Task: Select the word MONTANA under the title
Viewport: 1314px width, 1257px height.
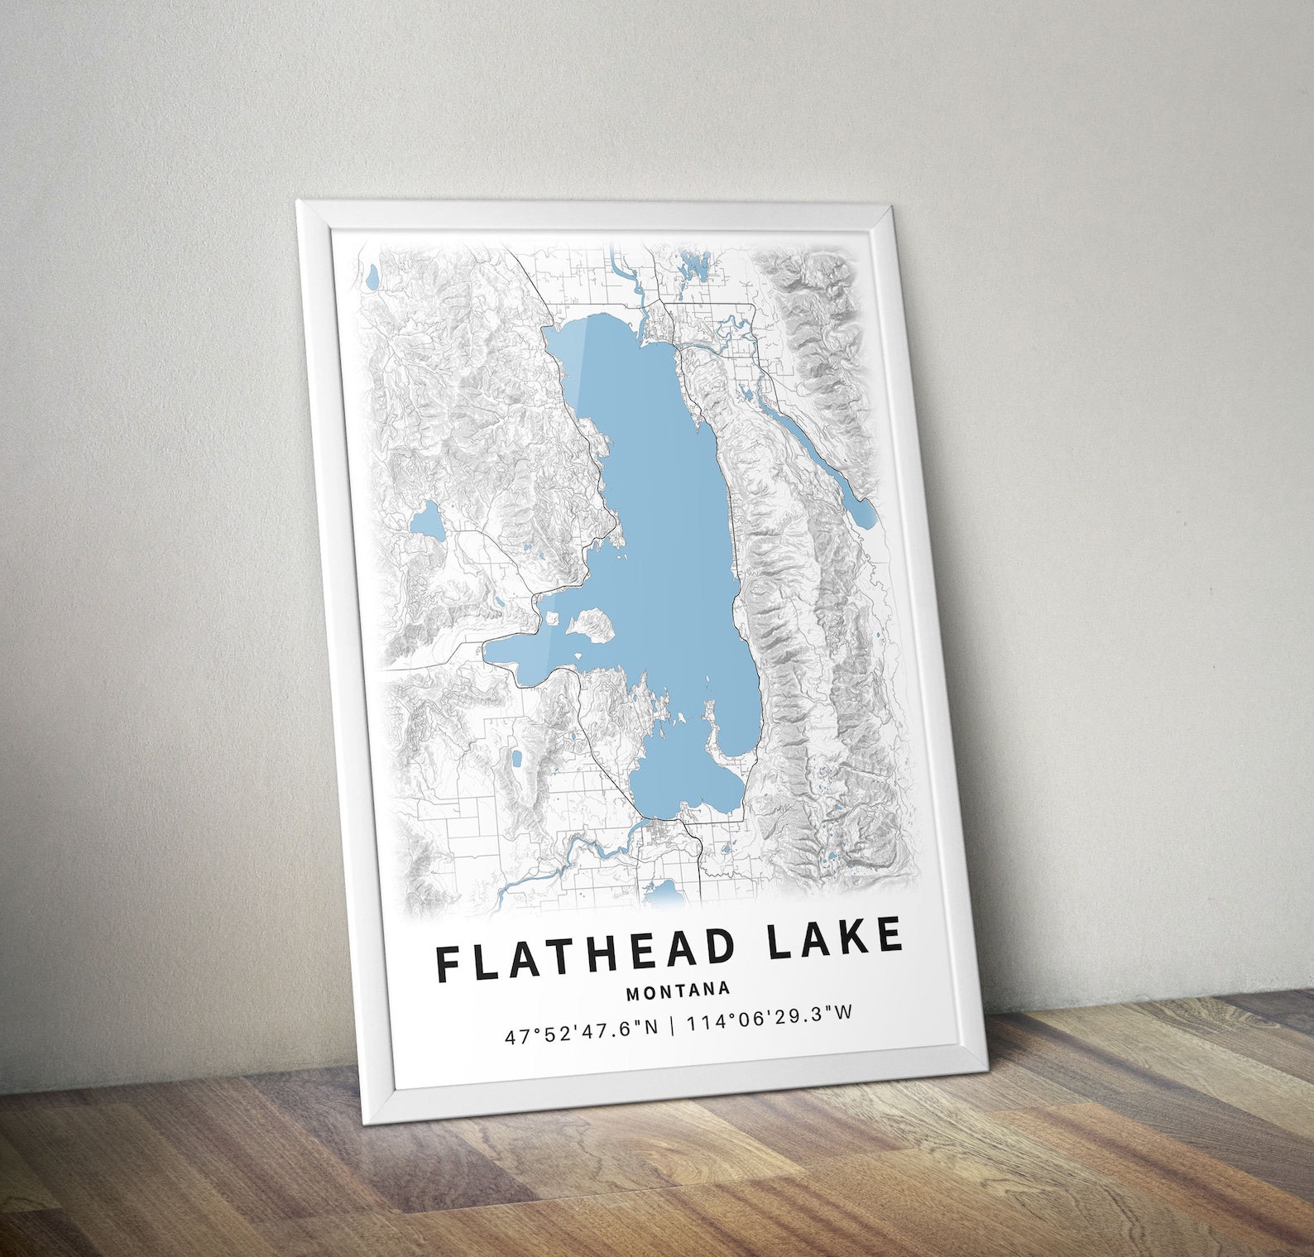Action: (x=679, y=990)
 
